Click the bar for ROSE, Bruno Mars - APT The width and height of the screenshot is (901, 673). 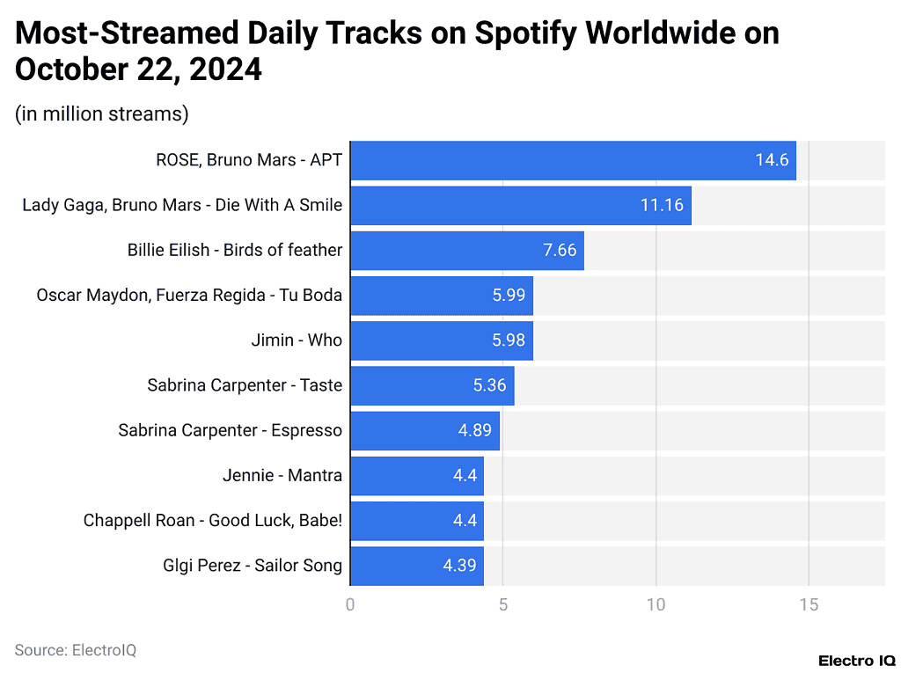(x=572, y=160)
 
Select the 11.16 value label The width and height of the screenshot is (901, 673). (x=662, y=205)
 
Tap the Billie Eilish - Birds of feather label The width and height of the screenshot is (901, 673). (x=234, y=250)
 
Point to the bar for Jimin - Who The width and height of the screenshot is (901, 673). (x=440, y=340)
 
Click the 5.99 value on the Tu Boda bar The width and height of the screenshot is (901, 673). (x=509, y=296)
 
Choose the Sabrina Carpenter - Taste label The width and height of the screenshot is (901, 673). (x=245, y=385)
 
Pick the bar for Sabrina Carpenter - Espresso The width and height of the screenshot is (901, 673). (x=424, y=431)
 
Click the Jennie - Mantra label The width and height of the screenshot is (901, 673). (x=282, y=476)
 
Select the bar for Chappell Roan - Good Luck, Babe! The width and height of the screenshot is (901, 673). (x=416, y=521)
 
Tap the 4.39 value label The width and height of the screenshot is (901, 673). (x=459, y=566)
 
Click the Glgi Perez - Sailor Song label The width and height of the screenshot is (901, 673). (x=252, y=566)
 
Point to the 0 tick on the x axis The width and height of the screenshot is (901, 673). (x=350, y=605)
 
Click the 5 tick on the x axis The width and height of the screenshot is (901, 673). (x=502, y=605)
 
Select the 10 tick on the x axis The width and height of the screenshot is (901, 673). (x=656, y=605)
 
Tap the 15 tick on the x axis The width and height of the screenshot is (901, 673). (x=808, y=605)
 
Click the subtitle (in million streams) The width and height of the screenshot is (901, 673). (x=102, y=114)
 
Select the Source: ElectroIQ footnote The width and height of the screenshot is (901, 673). (x=76, y=650)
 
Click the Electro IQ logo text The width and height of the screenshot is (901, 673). (x=856, y=660)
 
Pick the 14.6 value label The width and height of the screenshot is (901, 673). (x=772, y=160)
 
